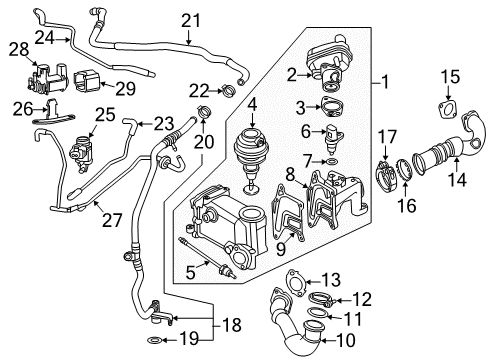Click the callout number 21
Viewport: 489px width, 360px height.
click(x=191, y=21)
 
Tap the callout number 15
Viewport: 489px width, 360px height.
click(x=450, y=77)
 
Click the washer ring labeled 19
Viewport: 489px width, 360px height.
click(x=155, y=340)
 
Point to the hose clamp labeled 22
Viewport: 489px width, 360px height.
click(x=229, y=90)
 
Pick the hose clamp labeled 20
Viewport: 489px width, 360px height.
click(x=204, y=111)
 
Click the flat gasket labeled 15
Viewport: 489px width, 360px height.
click(x=447, y=109)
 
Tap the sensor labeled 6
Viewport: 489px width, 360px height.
click(x=332, y=140)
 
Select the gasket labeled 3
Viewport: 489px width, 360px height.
click(x=330, y=107)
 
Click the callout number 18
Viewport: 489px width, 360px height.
click(x=232, y=325)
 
